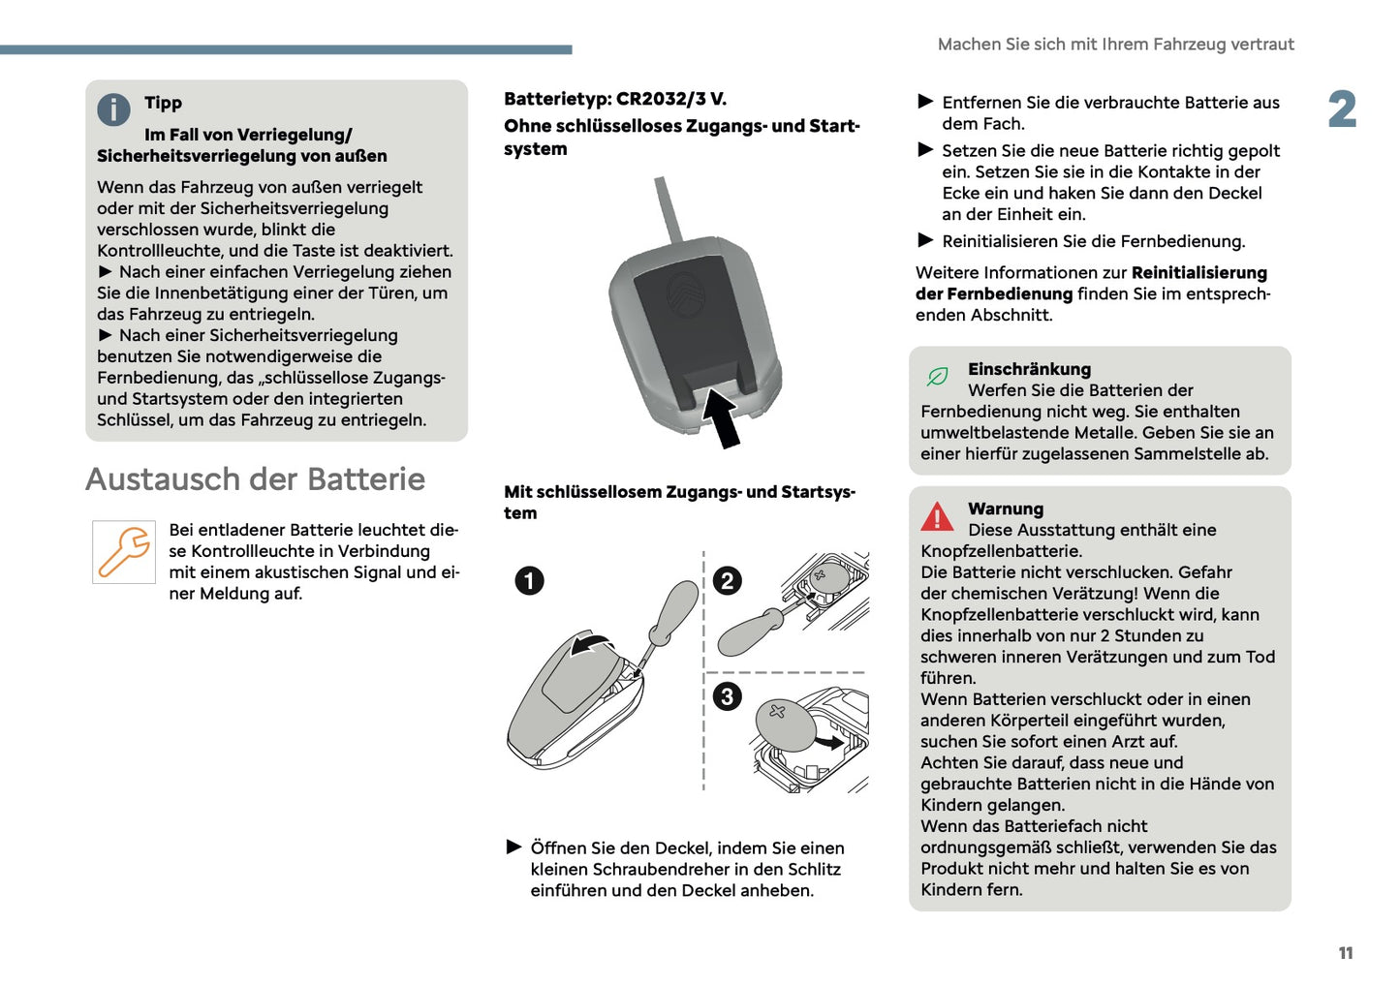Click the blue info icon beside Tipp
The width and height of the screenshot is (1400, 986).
click(113, 109)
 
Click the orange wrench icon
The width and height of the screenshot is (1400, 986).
click(124, 552)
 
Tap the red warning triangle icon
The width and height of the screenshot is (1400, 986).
click(937, 517)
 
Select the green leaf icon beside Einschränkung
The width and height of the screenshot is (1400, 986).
click(937, 376)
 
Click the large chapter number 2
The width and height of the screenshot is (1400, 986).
click(1342, 109)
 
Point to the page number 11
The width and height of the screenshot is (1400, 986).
click(1345, 953)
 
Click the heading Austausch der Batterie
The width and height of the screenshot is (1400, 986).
click(255, 479)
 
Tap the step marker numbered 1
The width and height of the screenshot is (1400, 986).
click(529, 580)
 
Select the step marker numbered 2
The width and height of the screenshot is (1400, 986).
click(727, 580)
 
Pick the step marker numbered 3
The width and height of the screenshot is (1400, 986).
click(727, 696)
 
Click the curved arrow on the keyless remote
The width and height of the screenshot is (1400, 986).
click(591, 644)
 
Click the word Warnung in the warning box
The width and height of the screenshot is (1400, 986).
click(1006, 508)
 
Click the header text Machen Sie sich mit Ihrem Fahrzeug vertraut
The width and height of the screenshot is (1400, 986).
click(1115, 45)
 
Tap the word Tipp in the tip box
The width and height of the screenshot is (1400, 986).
click(163, 103)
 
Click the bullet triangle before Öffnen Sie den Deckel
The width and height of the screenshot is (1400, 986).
click(514, 847)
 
